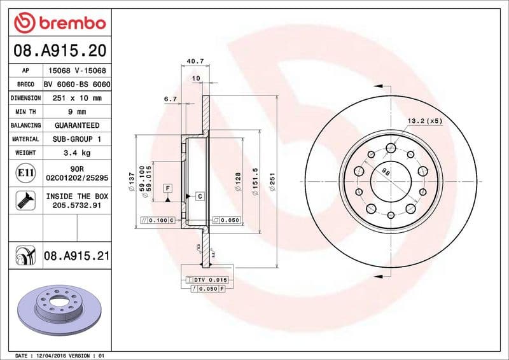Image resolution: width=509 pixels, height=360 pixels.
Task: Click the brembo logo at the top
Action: [x=59, y=23]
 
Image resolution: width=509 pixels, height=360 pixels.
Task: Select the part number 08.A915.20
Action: [x=59, y=50]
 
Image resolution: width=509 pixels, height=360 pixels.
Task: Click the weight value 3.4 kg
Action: [x=77, y=153]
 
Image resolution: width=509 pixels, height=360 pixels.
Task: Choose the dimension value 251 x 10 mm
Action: [x=77, y=99]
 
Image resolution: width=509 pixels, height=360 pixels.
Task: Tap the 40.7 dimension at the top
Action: [x=195, y=62]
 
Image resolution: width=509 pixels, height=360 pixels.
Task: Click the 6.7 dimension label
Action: [x=170, y=99]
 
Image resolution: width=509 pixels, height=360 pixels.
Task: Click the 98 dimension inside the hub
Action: [x=386, y=171]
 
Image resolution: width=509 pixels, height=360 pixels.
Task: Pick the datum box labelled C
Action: [x=199, y=196]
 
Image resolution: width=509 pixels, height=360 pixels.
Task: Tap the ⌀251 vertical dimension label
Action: [x=272, y=183]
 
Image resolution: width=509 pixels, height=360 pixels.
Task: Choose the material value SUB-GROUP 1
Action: [x=77, y=139]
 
